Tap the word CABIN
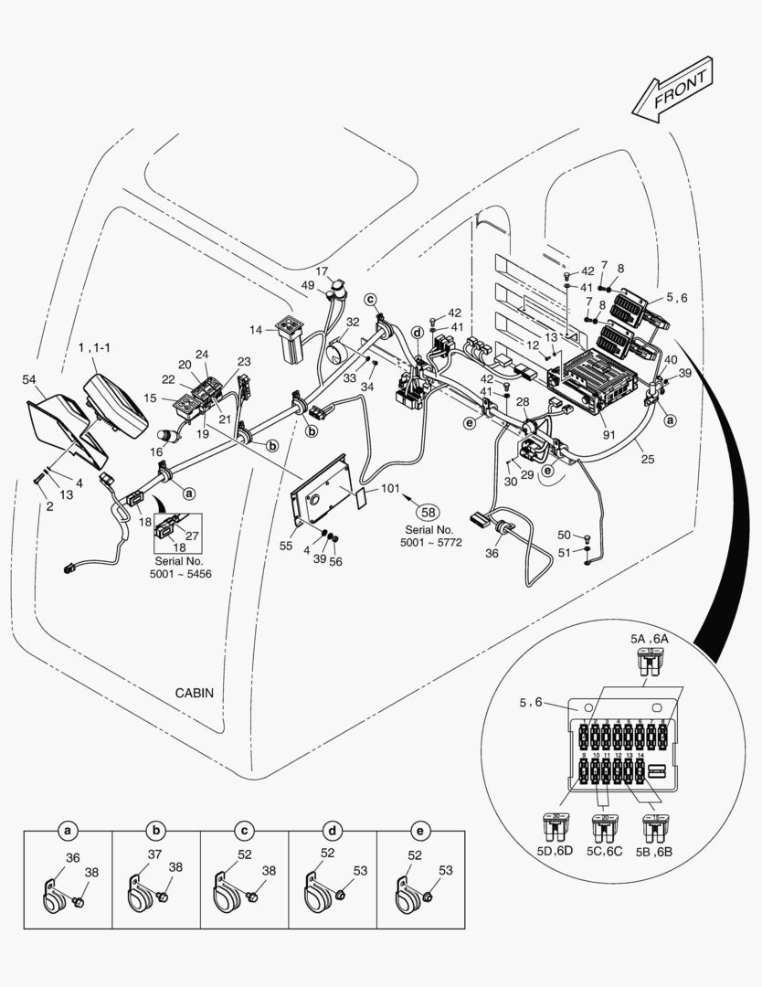coord(194,693)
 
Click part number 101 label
coord(390,488)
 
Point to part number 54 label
coord(28,379)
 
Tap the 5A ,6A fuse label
coord(651,640)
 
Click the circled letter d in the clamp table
coord(333,831)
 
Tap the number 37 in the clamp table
coord(155,855)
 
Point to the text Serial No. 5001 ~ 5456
coord(176,567)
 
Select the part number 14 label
coord(255,329)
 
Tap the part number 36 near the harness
coord(492,552)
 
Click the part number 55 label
coord(286,546)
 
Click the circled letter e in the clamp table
coord(419,831)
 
